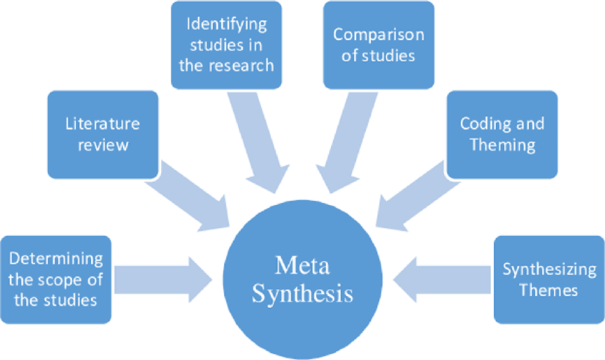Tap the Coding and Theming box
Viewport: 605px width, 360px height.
coord(502,135)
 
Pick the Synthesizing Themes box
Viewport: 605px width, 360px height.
coord(549,280)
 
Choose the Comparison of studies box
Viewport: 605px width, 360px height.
coord(378,44)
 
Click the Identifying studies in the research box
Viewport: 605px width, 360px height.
coord(227,44)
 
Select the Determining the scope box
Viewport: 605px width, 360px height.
coord(56,280)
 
